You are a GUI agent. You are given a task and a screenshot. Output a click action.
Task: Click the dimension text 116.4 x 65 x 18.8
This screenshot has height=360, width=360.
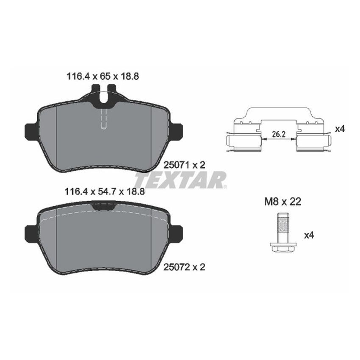pos(103,76)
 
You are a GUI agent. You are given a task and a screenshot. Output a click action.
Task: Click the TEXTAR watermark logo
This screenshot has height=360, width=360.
pos(180,180)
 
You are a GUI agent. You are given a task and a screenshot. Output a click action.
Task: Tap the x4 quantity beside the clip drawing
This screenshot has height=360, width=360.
pos(339,129)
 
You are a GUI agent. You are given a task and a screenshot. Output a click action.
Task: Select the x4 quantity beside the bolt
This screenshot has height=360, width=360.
pos(310,234)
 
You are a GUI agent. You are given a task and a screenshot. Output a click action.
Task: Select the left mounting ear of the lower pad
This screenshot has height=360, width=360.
pos(31,233)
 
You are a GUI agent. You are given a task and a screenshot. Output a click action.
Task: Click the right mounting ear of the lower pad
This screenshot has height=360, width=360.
pos(176,233)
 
